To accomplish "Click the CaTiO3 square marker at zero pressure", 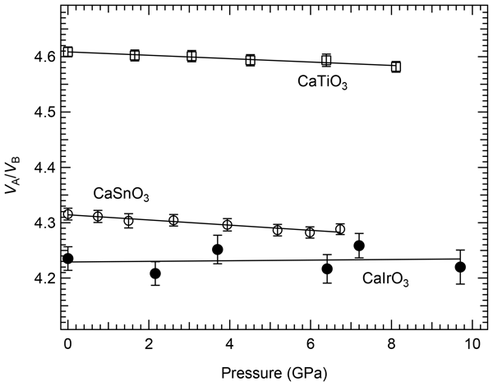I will pyautogui.click(x=68, y=52).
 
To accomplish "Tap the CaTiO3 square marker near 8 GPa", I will pyautogui.click(x=396, y=67).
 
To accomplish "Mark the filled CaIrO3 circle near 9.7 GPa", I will pyautogui.click(x=460, y=267).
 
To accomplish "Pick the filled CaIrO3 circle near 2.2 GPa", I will pyautogui.click(x=155, y=273).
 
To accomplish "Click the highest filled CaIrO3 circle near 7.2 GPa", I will pyautogui.click(x=359, y=246).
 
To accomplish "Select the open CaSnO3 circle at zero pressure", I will pyautogui.click(x=68, y=214).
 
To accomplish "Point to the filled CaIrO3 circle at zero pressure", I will pyautogui.click(x=68, y=258).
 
